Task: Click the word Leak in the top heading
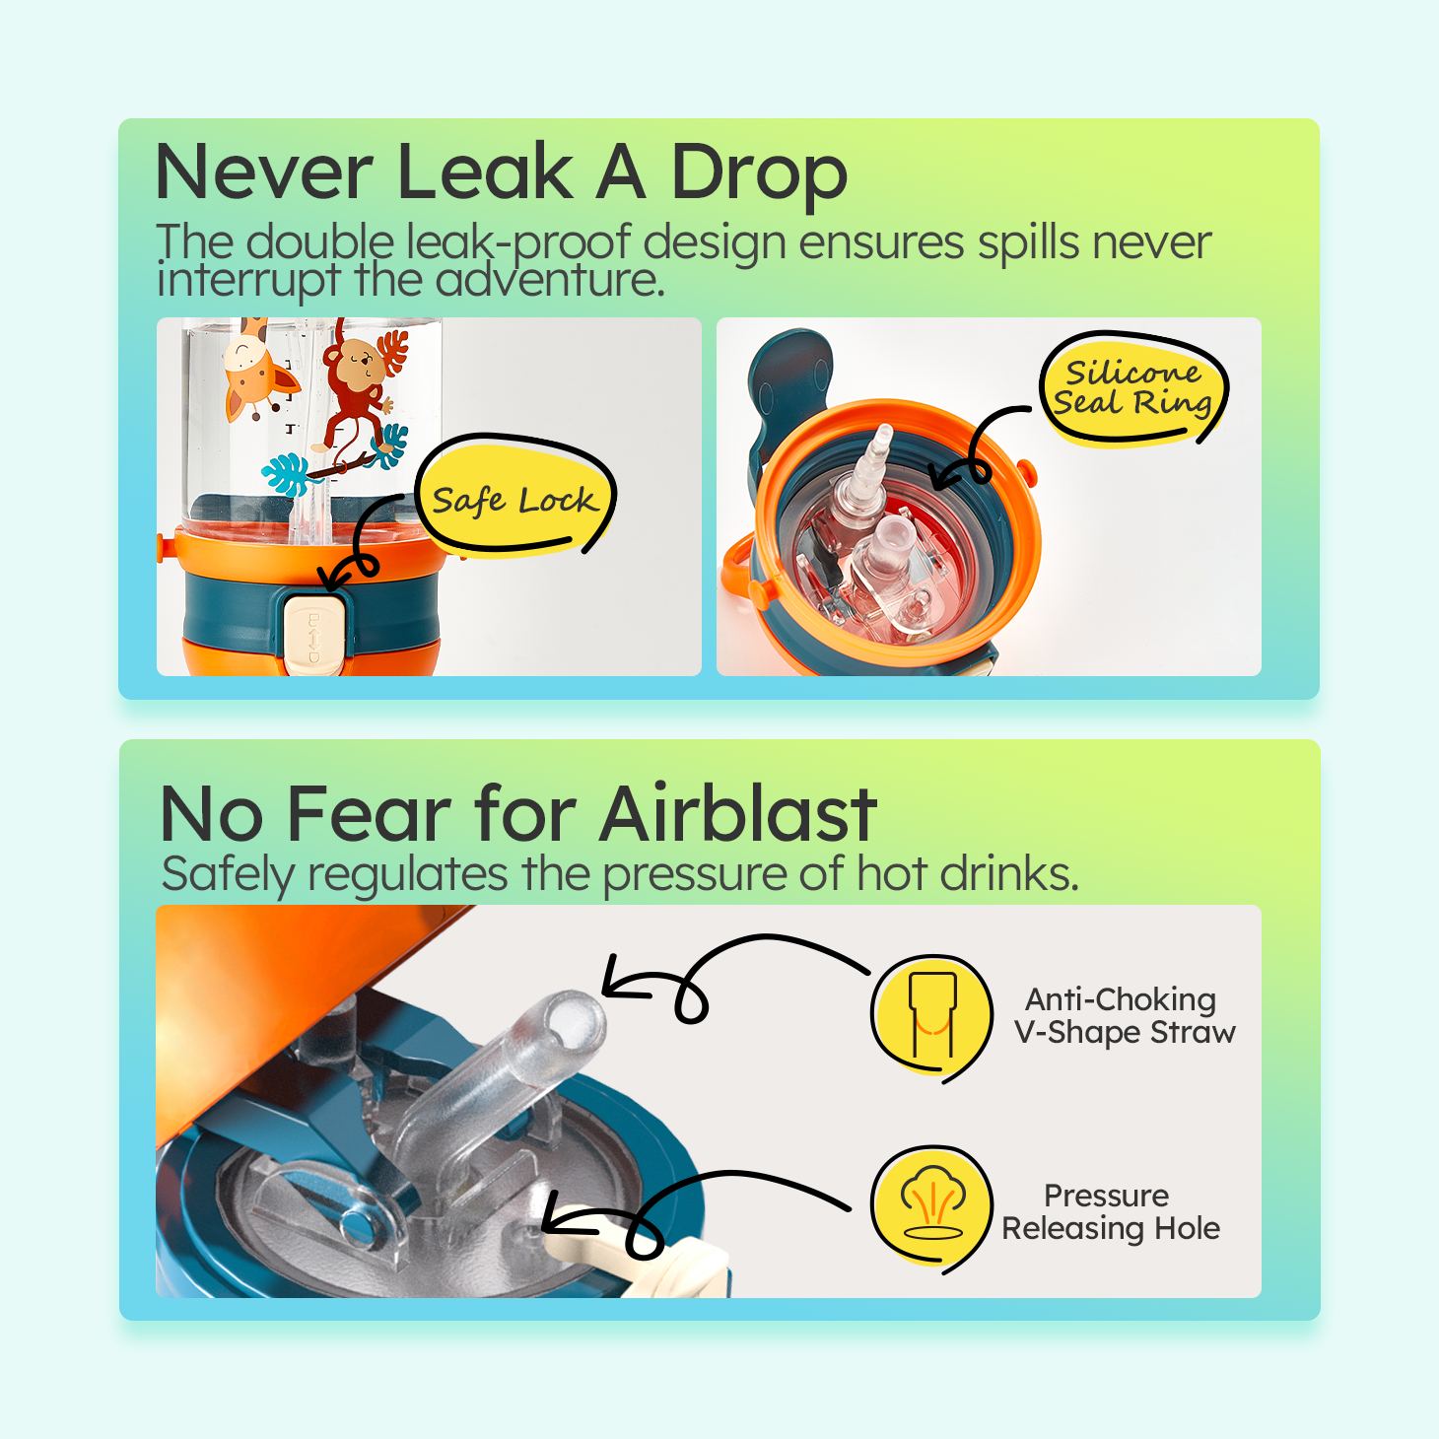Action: (x=485, y=172)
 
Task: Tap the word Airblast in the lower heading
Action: (x=738, y=814)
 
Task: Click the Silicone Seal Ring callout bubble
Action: (x=1132, y=388)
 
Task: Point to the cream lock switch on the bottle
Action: (x=314, y=635)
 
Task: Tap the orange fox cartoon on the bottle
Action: (x=256, y=369)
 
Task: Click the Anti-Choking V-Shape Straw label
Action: (x=1124, y=1015)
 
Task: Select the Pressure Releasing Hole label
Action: (x=1111, y=1211)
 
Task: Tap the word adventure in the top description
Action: (x=550, y=280)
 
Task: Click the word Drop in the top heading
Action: (x=760, y=174)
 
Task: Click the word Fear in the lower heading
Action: (x=369, y=814)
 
